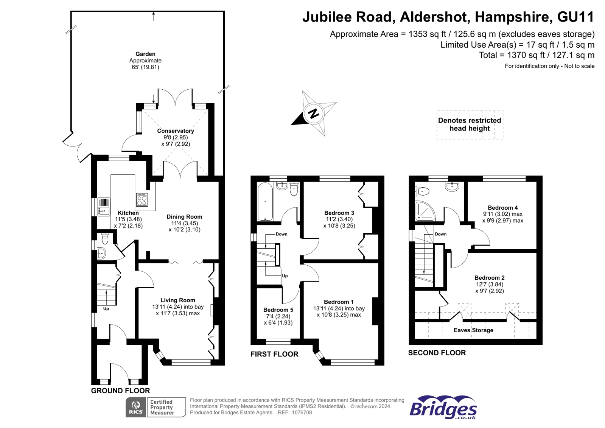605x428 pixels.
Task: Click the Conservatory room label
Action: (x=176, y=131)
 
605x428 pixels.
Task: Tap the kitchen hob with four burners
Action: (x=142, y=200)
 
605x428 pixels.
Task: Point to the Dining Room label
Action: (x=184, y=217)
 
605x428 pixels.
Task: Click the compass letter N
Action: (x=313, y=113)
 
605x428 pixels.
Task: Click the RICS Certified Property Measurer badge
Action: (x=156, y=407)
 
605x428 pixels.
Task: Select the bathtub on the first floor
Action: (x=265, y=202)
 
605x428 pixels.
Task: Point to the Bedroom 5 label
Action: (x=278, y=310)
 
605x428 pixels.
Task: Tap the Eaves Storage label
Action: (x=473, y=330)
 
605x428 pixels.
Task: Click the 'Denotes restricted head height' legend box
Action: (x=470, y=125)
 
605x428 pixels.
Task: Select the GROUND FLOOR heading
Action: (x=120, y=391)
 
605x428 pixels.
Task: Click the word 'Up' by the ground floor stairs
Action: (x=106, y=309)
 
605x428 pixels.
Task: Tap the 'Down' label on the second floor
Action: (x=440, y=234)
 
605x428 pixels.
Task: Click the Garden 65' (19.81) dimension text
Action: (x=145, y=67)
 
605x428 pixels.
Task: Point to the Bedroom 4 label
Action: (x=502, y=208)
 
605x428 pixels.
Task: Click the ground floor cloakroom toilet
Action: (x=105, y=239)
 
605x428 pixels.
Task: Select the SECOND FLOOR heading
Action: (x=437, y=353)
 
